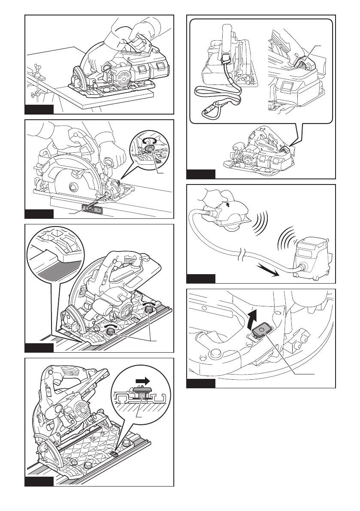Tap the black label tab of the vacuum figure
coord(201,278)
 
